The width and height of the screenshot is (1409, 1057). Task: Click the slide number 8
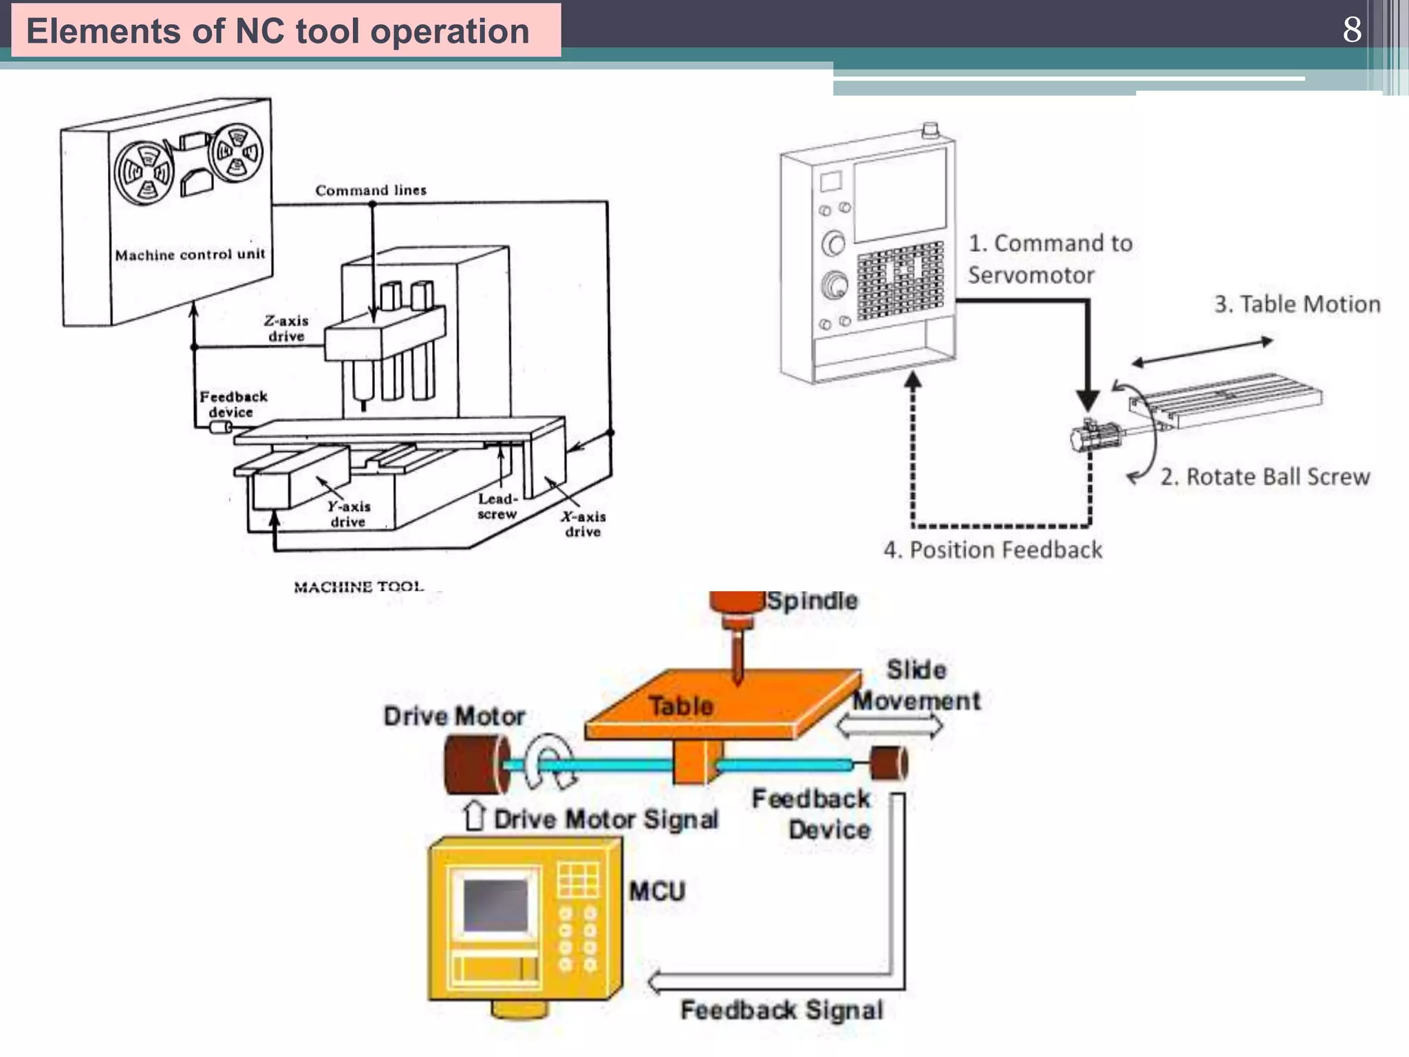coord(1351,30)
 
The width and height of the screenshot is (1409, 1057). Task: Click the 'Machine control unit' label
coord(190,255)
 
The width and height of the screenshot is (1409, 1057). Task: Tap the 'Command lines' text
coord(371,191)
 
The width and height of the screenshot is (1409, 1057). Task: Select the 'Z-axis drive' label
coord(286,328)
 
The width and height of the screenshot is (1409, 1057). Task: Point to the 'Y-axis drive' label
coord(348,514)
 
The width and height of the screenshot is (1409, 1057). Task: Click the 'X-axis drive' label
coord(583,524)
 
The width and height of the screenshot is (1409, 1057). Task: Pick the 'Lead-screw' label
coord(497,506)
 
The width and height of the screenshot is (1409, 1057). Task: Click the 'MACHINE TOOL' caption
coord(358,587)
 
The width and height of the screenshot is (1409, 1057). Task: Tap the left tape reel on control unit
coord(144,173)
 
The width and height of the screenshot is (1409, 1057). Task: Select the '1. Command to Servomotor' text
coord(1049,259)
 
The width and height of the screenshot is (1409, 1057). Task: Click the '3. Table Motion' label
coord(1297,304)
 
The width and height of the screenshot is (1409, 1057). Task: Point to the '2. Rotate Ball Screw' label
coord(1265,477)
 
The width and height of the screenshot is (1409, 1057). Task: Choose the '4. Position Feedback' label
coord(993,550)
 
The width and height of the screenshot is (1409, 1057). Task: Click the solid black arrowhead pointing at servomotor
coord(1087,400)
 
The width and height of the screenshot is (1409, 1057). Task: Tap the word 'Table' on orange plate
coord(680,706)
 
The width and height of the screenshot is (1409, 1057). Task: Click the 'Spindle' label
coord(812,601)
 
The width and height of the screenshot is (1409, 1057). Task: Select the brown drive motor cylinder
coord(475,764)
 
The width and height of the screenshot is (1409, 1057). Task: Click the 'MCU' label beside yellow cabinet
coord(657,892)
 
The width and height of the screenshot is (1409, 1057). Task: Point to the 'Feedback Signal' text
coord(782,1010)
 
